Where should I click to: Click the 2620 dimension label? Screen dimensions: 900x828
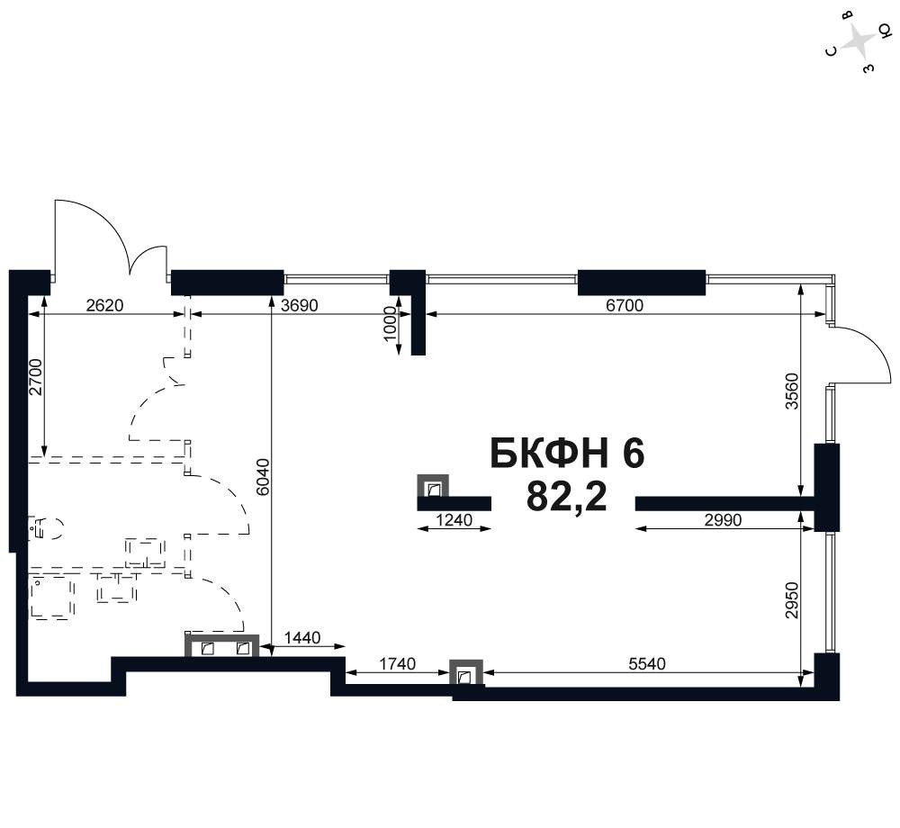pos(104,305)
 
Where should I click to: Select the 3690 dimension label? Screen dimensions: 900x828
pos(299,305)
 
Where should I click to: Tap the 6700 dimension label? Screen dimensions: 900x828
pos(625,305)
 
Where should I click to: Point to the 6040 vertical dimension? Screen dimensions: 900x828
pos(263,477)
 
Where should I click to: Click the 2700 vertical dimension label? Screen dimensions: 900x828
pos(36,377)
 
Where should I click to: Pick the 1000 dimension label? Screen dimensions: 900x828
pos(390,324)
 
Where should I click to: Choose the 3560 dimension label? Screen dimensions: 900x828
pos(792,391)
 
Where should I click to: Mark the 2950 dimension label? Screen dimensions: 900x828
pos(792,600)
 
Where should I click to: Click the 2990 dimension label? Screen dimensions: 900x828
pos(724,520)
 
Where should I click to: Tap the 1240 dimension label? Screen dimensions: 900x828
pos(454,520)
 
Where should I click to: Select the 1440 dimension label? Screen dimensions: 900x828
pos(302,637)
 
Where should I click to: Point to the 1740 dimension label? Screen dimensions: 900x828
pos(397,664)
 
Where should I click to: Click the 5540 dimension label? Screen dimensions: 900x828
pos(647,664)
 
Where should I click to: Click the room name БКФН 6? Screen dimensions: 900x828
pos(568,454)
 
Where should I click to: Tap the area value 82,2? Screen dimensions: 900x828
pos(566,496)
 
